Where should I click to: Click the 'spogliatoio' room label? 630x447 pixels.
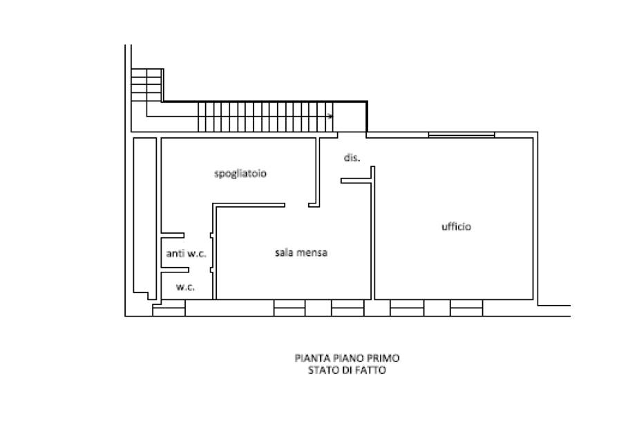(x=240, y=173)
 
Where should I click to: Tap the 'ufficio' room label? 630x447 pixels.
(x=457, y=226)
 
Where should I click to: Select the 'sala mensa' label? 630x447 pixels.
(x=301, y=252)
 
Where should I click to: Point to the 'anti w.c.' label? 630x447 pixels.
(x=186, y=254)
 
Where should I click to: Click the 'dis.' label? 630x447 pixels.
(x=352, y=158)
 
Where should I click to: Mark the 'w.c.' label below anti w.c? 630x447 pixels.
(x=185, y=287)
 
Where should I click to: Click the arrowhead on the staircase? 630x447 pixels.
(x=330, y=117)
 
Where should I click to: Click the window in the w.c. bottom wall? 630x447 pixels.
(x=169, y=308)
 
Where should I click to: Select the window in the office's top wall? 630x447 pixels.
(x=461, y=135)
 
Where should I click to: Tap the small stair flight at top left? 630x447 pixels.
(x=146, y=85)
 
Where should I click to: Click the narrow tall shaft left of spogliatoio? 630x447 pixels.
(x=144, y=217)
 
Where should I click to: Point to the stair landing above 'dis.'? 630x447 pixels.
(x=350, y=117)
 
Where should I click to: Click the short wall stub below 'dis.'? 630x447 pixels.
(x=356, y=181)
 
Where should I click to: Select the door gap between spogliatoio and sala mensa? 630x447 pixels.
(x=296, y=205)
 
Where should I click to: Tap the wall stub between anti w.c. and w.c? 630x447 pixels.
(x=175, y=270)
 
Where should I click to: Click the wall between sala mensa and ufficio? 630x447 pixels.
(x=373, y=232)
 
